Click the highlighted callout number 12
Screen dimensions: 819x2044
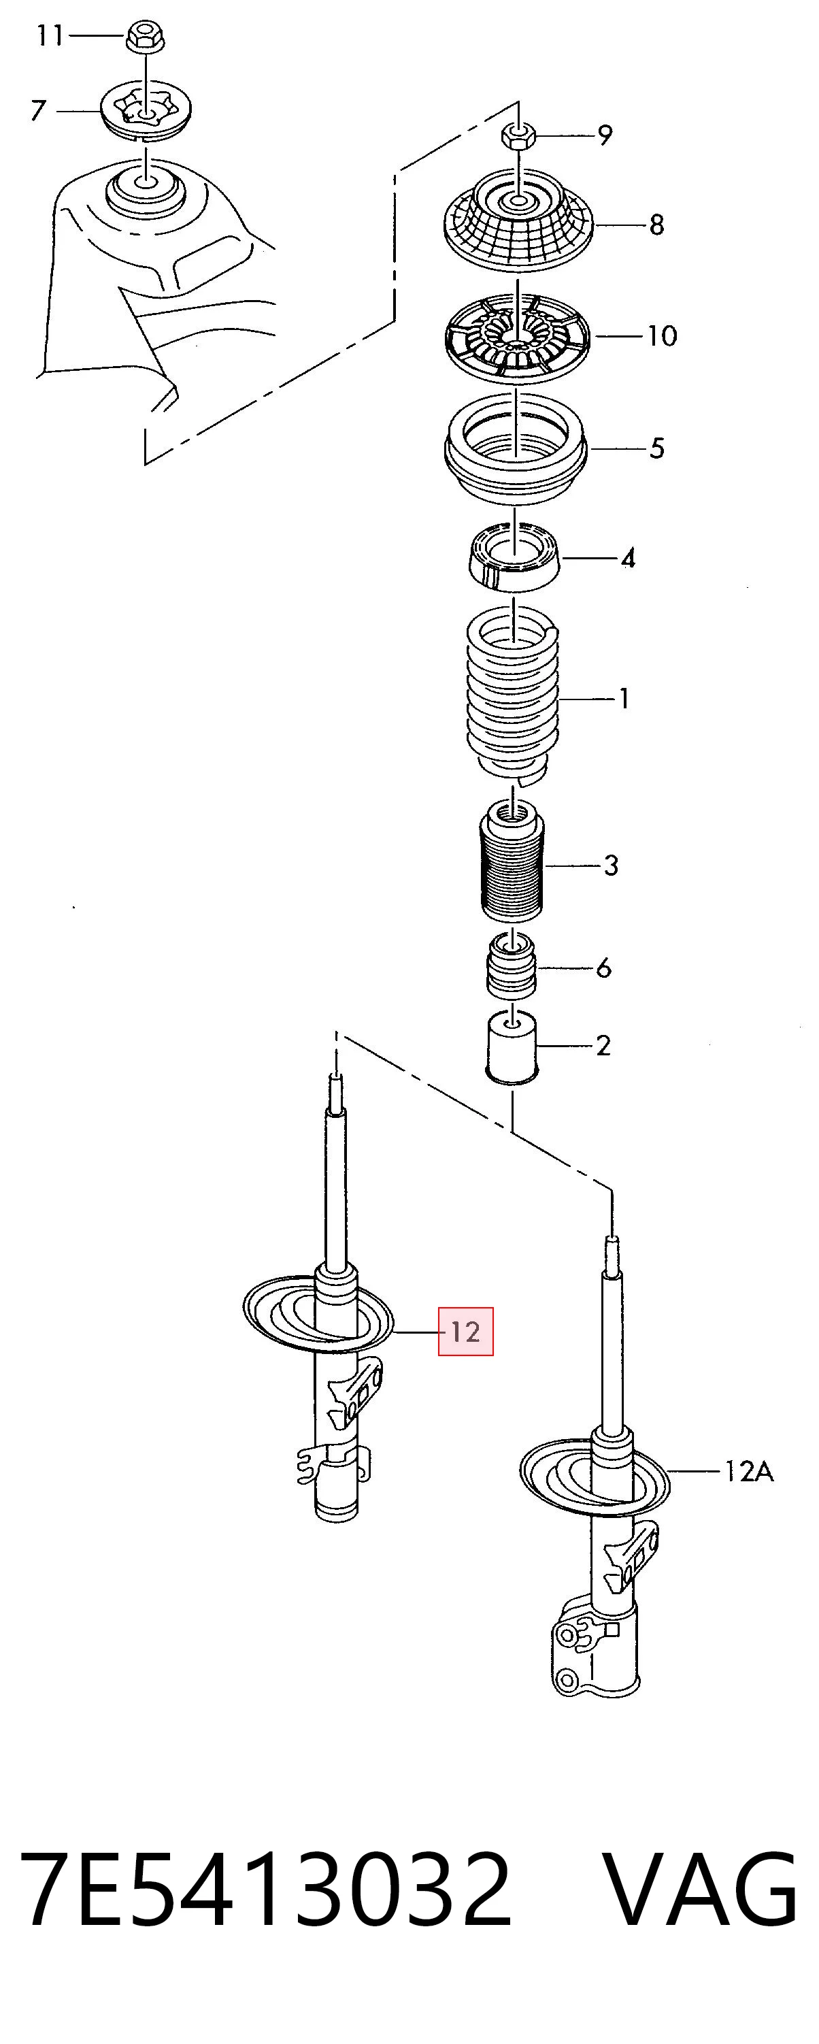[466, 1331]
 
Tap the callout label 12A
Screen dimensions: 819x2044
[748, 1472]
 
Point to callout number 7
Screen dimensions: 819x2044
[38, 110]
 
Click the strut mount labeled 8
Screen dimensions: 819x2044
[518, 222]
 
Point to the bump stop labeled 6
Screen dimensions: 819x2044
[511, 966]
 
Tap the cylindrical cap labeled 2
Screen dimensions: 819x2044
[512, 1047]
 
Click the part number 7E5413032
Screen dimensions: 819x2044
[267, 1882]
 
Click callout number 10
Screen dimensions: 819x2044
[662, 335]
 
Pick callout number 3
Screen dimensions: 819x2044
[610, 865]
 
